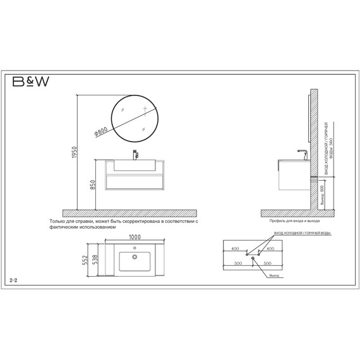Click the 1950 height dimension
75,154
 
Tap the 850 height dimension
92,184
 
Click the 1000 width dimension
135,237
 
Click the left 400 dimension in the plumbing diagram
235,249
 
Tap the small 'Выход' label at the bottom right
273,276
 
